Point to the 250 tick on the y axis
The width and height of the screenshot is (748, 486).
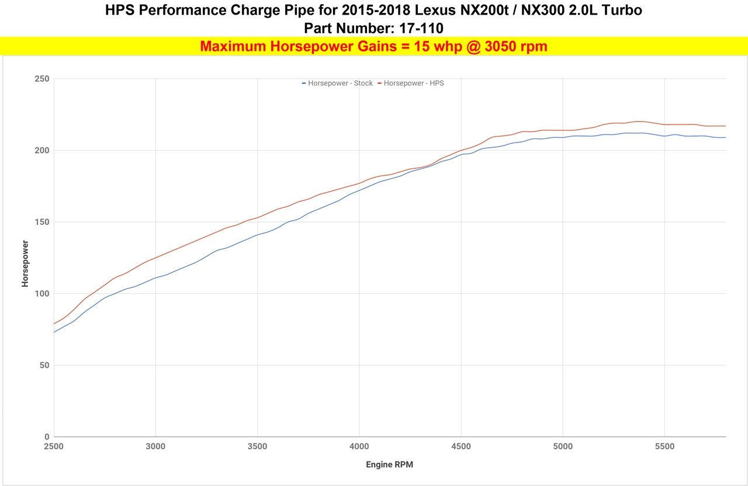tap(42, 79)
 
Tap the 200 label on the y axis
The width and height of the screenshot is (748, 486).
tap(42, 151)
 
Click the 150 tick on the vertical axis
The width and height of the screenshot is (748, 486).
tap(42, 222)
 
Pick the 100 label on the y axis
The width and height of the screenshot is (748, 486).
tap(42, 294)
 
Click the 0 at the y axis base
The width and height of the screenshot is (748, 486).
tap(47, 437)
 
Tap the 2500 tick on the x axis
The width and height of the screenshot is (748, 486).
tap(54, 447)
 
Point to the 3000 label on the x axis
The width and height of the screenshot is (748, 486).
tap(155, 447)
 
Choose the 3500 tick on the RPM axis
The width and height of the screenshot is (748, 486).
tap(257, 447)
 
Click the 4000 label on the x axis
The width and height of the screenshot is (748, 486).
tap(359, 447)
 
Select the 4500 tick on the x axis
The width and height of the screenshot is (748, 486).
tap(461, 447)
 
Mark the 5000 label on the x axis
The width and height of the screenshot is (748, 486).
tap(563, 447)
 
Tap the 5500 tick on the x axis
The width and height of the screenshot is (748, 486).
tap(664, 447)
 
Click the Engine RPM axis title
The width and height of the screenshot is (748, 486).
tap(390, 465)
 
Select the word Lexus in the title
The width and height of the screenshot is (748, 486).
tap(451, 10)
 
